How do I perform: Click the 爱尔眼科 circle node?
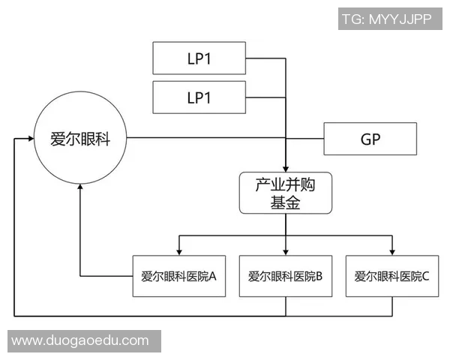[79, 139]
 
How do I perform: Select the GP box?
[370, 139]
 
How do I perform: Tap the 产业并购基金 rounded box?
[285, 193]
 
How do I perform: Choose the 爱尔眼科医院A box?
[178, 276]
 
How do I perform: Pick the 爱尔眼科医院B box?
[285, 276]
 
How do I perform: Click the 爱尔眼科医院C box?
[391, 276]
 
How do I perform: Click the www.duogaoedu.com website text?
[80, 340]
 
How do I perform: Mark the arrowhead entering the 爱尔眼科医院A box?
[178, 250]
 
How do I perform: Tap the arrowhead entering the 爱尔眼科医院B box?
[285, 250]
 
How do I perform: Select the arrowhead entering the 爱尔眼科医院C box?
[391, 250]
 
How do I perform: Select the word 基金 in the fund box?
[285, 202]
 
